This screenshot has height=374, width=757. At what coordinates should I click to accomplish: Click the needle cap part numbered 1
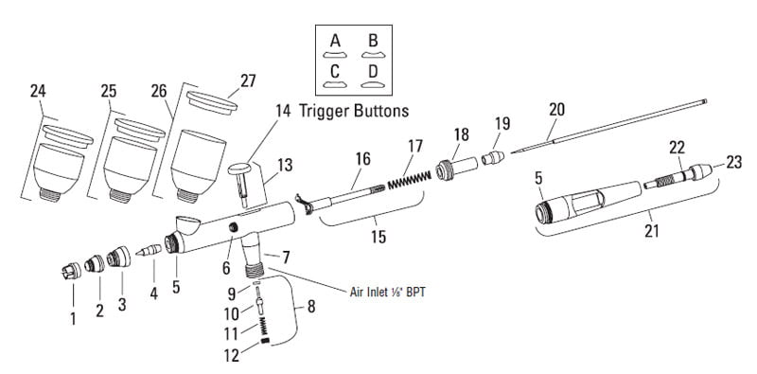click(x=69, y=275)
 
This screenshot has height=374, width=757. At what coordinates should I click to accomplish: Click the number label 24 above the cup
click(x=39, y=91)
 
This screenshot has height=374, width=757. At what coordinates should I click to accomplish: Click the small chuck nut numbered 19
click(x=489, y=155)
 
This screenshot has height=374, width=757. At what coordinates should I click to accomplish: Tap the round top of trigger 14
click(x=243, y=168)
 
